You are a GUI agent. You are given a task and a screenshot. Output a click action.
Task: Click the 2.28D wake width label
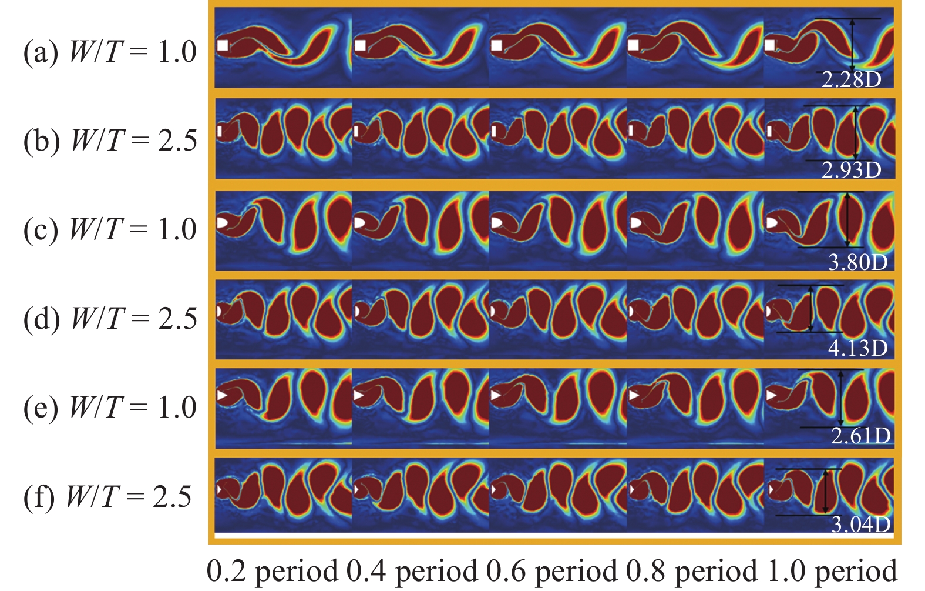point(851,79)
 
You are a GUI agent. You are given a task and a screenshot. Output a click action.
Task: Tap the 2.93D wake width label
point(851,170)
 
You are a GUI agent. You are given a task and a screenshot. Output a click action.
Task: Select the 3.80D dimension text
point(857,262)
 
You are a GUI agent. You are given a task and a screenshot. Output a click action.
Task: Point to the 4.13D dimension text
point(857,348)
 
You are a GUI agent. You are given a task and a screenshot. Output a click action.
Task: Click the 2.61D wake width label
point(860,436)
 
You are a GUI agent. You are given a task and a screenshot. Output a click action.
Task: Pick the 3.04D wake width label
point(860,524)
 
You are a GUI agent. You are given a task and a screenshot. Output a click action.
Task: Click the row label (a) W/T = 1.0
point(110,52)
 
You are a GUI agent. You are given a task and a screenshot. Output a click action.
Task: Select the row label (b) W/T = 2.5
point(110,141)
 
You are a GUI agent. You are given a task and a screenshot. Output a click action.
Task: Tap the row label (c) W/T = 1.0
point(110,230)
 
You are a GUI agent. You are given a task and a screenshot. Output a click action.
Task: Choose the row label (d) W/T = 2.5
point(110,319)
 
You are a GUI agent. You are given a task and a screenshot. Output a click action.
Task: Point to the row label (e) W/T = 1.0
point(110,408)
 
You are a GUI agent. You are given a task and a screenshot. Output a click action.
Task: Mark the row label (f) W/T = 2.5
point(107,497)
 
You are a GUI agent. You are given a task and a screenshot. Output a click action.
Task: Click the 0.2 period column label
point(273,571)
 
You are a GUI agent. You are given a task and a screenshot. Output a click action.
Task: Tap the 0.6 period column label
point(552,571)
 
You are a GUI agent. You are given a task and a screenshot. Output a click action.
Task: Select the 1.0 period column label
point(832,571)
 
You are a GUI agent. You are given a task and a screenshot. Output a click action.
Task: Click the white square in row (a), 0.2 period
point(223,45)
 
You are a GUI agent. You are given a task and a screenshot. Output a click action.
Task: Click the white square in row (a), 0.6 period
point(497,45)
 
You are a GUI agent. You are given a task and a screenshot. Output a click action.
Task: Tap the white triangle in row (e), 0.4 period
point(359,395)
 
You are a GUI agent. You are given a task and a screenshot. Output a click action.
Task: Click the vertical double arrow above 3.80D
point(847,219)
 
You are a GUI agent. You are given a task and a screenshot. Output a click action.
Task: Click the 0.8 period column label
point(692,571)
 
